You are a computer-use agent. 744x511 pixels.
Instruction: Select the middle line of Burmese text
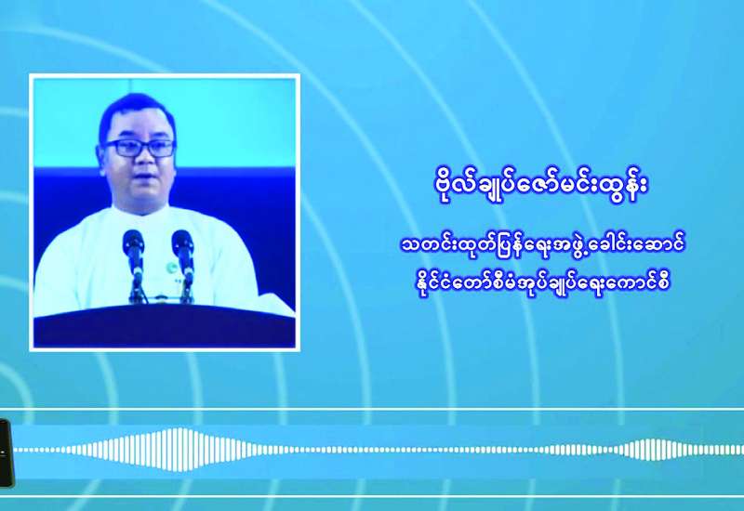click(x=541, y=246)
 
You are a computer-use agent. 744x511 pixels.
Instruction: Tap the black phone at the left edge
click(x=6, y=453)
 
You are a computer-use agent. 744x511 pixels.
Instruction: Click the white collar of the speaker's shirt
click(x=142, y=211)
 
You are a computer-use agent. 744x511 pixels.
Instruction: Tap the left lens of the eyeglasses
click(x=121, y=149)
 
